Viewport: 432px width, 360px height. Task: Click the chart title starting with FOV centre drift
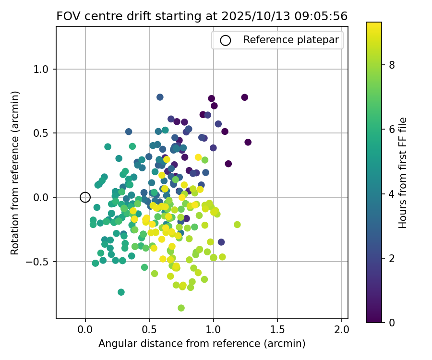[202, 16]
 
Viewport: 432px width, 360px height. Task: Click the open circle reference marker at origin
[85, 197]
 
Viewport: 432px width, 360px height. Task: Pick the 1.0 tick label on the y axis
[43, 69]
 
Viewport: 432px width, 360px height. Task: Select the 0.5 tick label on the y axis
[43, 133]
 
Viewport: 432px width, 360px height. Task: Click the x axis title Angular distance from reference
[202, 344]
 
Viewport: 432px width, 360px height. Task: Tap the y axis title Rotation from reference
[15, 173]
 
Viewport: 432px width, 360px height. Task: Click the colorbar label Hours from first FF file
[403, 173]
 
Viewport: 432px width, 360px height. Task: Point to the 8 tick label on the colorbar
[392, 65]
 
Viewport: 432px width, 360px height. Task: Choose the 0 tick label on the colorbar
[392, 322]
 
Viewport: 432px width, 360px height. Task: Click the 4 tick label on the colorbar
[392, 194]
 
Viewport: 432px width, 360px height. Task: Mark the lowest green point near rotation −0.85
[181, 308]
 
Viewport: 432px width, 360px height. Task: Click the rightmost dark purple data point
[248, 142]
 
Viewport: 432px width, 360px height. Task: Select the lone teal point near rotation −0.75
[121, 292]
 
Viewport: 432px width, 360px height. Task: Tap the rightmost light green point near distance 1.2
[237, 225]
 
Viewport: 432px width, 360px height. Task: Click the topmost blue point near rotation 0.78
[160, 97]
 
